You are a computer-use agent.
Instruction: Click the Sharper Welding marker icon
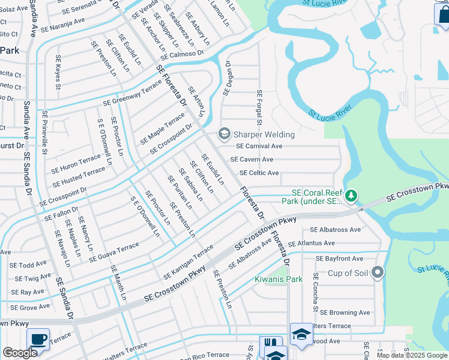[x=224, y=134]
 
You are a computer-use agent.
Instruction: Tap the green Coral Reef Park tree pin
[x=352, y=196]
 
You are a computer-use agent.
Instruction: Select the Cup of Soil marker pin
[x=378, y=273]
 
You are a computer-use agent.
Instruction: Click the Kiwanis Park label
[x=279, y=279]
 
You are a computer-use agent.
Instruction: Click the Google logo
[x=20, y=353]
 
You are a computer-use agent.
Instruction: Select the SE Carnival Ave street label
[x=259, y=146]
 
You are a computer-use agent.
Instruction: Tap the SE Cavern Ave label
[x=252, y=160]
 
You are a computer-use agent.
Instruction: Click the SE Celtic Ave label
[x=259, y=173]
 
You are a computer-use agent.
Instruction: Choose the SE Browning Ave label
[x=345, y=313]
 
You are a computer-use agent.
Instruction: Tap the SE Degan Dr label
[x=227, y=78]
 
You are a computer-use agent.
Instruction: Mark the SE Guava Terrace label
[x=114, y=253]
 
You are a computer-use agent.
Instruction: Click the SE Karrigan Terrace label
[x=188, y=262]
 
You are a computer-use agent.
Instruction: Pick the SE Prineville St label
[x=46, y=133]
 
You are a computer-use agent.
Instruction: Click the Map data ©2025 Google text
[x=411, y=355]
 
